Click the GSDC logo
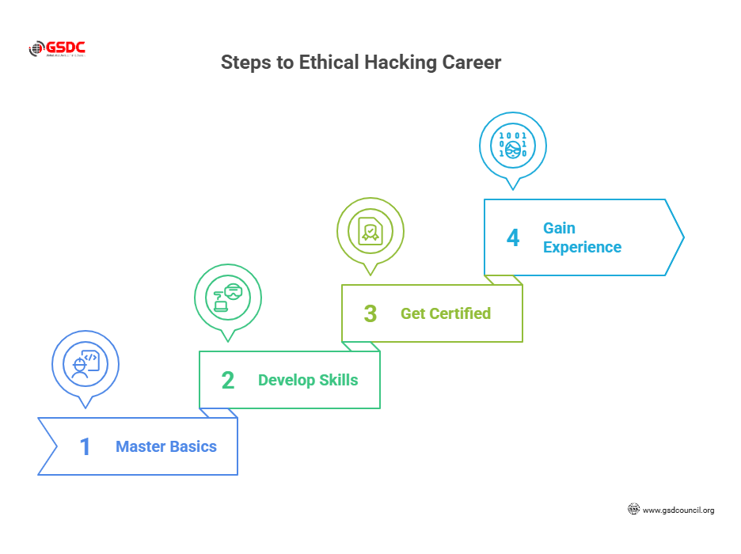57,49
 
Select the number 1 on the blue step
85,446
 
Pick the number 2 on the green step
228,380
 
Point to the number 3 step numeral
370,313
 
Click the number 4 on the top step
513,237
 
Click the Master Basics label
166,446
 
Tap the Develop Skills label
308,380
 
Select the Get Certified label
446,313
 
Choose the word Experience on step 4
582,247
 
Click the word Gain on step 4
559,228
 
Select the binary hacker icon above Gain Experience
513,146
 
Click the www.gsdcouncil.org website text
678,510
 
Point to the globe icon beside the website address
633,510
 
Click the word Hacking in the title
399,63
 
